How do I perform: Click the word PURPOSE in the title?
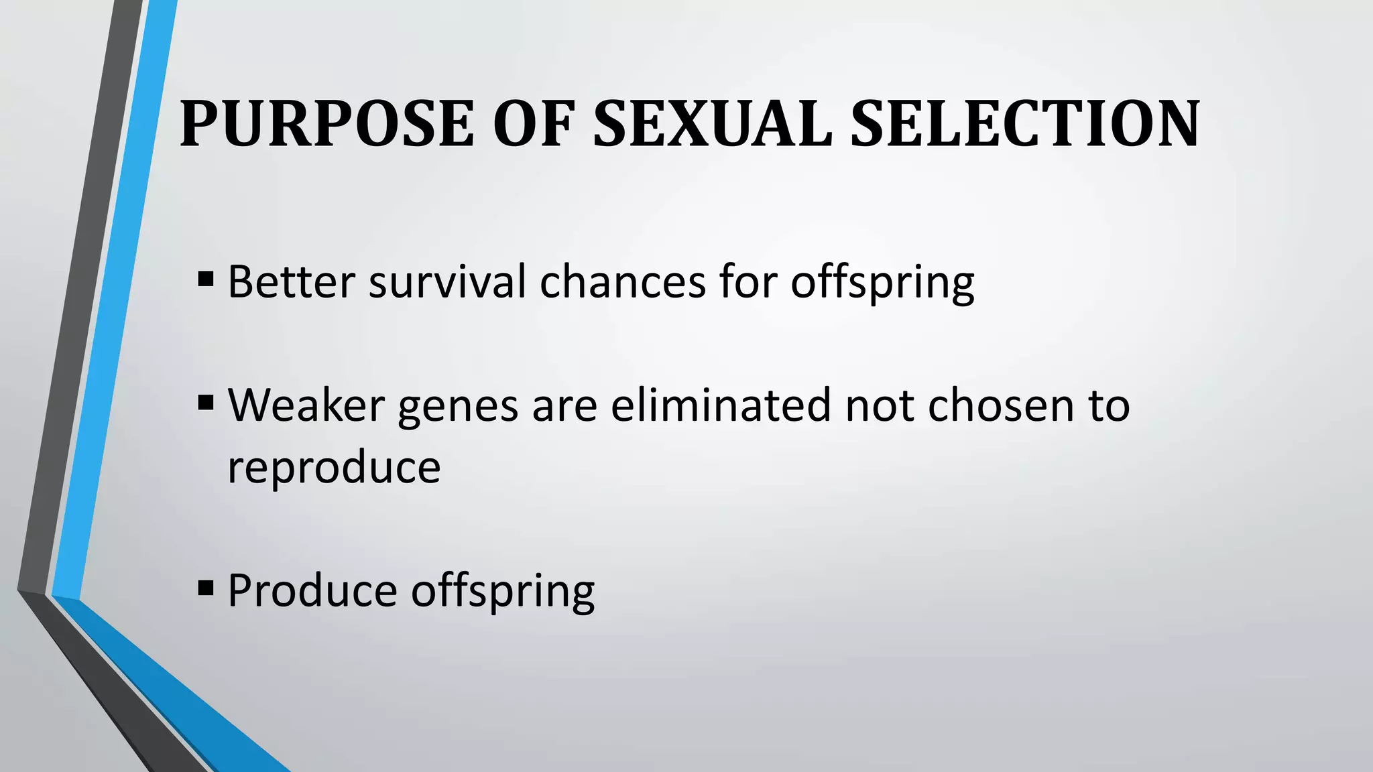327,124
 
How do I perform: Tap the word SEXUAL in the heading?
712,124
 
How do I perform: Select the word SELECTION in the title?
1024,124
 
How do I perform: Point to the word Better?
291,281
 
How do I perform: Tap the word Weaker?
306,405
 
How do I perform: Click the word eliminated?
721,405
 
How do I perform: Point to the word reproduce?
334,467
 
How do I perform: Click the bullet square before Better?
206,278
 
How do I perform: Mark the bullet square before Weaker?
206,402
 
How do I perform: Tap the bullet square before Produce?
206,588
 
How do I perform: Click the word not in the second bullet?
880,405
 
